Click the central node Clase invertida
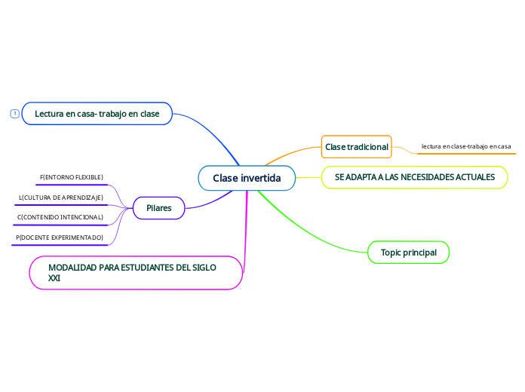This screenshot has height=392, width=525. click(246, 179)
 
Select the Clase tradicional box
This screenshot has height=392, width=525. click(356, 146)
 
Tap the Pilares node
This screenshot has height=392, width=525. click(158, 208)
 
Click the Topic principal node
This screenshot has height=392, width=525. click(408, 252)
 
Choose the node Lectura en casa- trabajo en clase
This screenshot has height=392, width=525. click(97, 114)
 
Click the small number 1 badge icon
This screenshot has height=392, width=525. click(14, 114)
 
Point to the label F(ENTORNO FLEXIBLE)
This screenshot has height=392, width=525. click(71, 177)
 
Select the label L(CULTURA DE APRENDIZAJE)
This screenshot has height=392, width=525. click(60, 198)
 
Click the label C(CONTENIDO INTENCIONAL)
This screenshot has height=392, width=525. click(60, 217)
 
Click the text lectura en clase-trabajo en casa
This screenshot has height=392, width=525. click(465, 146)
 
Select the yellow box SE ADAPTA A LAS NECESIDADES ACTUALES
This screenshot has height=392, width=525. click(414, 177)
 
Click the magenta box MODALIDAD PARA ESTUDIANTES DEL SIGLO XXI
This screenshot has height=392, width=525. click(137, 272)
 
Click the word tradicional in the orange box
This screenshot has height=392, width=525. click(367, 146)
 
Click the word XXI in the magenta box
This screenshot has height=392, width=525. click(54, 278)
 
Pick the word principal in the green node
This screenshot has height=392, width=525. click(419, 252)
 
